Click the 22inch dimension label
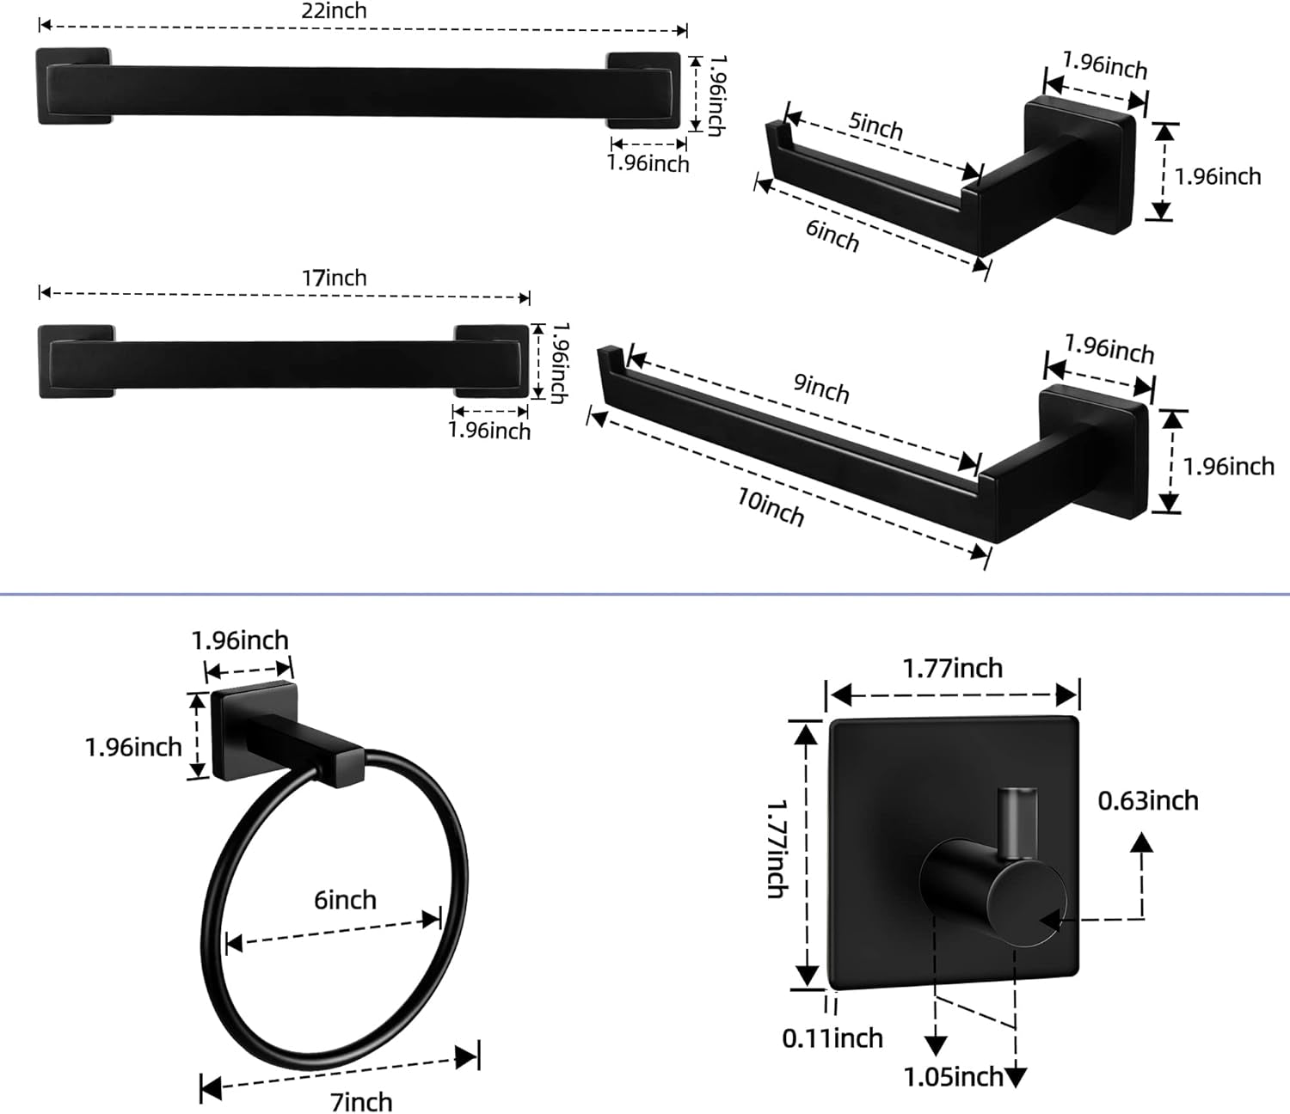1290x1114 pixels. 334,11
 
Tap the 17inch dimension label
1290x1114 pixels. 334,278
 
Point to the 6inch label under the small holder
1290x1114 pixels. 832,235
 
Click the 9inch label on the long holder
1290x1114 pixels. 820,388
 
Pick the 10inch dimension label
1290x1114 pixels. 771,507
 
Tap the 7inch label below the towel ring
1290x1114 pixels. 361,1101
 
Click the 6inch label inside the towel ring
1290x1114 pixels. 345,900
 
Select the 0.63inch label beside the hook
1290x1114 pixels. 1147,801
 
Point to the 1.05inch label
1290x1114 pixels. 953,1077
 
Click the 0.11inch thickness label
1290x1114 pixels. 832,1038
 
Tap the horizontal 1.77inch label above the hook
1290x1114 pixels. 952,669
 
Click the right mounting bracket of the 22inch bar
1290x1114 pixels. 643,90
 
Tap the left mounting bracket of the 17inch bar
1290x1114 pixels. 76,361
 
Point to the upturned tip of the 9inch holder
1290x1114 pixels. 609,357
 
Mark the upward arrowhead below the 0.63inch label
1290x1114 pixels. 1141,842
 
